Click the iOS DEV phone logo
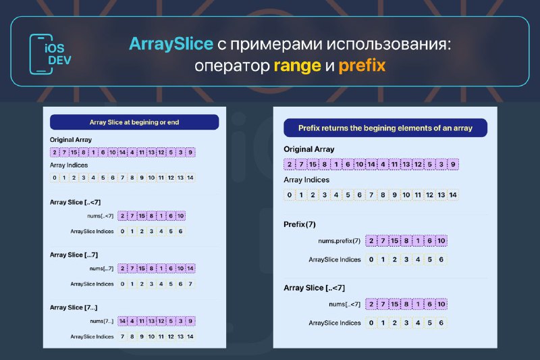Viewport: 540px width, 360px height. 50,54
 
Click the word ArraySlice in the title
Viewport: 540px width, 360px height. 171,44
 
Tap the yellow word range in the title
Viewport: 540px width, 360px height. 297,66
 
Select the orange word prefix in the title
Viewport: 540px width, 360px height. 362,66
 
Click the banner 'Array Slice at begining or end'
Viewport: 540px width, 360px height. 134,122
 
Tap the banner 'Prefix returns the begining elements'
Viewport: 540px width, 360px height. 385,128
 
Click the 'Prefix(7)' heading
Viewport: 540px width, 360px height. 300,224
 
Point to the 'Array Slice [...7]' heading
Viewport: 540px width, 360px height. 74,255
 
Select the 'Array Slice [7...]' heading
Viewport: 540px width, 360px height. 74,307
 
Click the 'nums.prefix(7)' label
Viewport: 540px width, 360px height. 340,241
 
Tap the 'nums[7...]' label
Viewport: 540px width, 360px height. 102,321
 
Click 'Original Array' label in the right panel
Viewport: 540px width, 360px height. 309,149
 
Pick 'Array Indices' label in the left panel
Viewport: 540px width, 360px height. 69,165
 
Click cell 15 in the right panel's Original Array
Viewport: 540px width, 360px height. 313,164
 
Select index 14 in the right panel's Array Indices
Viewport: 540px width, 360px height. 453,195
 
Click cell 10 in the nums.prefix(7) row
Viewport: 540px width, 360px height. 441,241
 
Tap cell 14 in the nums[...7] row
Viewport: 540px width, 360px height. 190,268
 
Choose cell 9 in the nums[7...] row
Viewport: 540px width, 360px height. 190,321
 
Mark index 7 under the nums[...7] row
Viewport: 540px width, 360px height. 190,284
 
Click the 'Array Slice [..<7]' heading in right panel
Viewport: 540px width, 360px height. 314,288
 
